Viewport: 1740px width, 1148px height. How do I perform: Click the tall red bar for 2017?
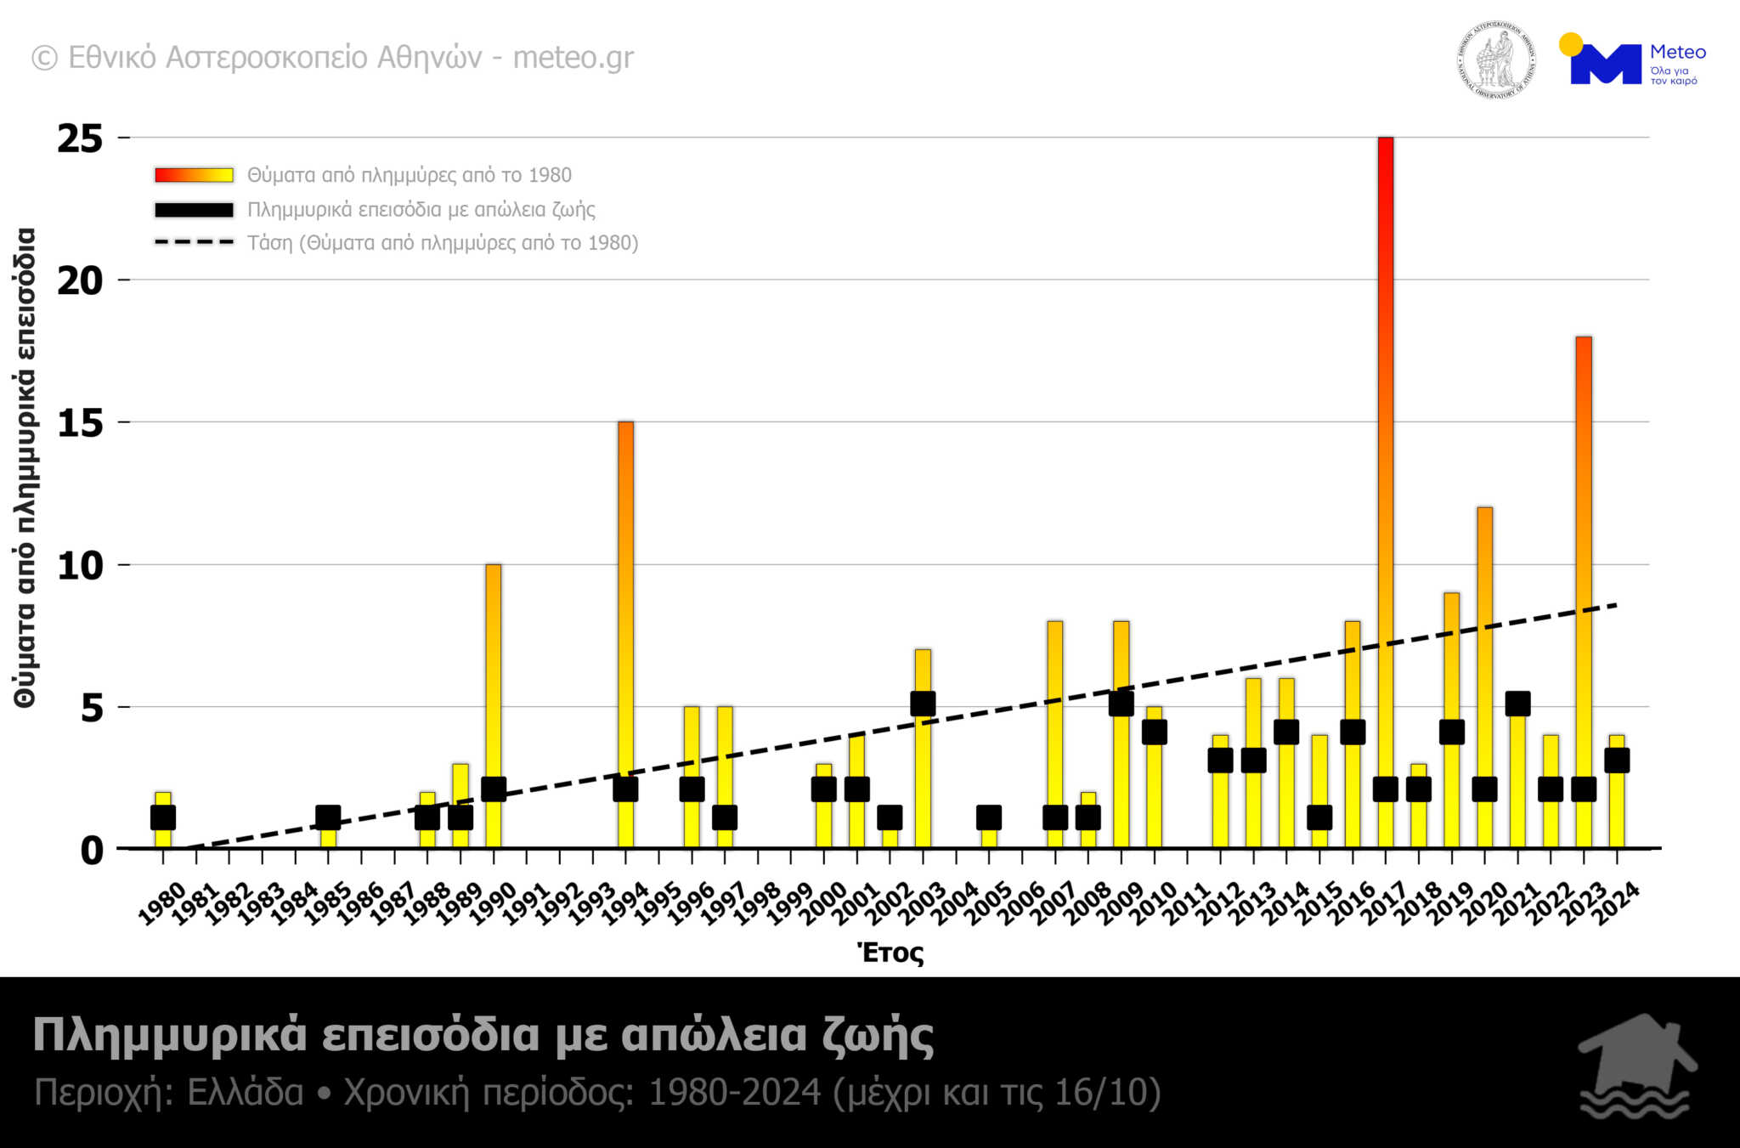click(1385, 425)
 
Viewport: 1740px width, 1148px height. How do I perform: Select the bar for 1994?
click(625, 595)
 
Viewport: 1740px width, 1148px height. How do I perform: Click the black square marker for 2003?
click(923, 704)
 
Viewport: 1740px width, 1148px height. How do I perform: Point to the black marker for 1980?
click(163, 817)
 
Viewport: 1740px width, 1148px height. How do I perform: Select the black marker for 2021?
click(1517, 704)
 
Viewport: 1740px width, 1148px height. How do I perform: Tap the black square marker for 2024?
click(1616, 761)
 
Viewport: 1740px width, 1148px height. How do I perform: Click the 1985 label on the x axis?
click(327, 903)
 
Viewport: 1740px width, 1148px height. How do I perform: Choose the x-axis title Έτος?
click(890, 953)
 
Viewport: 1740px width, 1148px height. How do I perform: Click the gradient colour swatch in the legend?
click(194, 175)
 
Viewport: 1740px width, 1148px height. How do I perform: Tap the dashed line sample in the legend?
click(194, 242)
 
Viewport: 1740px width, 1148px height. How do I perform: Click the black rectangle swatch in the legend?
click(194, 209)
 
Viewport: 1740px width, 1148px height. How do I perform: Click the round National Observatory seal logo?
click(1496, 59)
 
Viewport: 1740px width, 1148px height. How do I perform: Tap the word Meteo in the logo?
click(1677, 52)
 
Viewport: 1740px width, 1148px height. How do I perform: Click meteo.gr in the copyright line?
click(573, 58)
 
